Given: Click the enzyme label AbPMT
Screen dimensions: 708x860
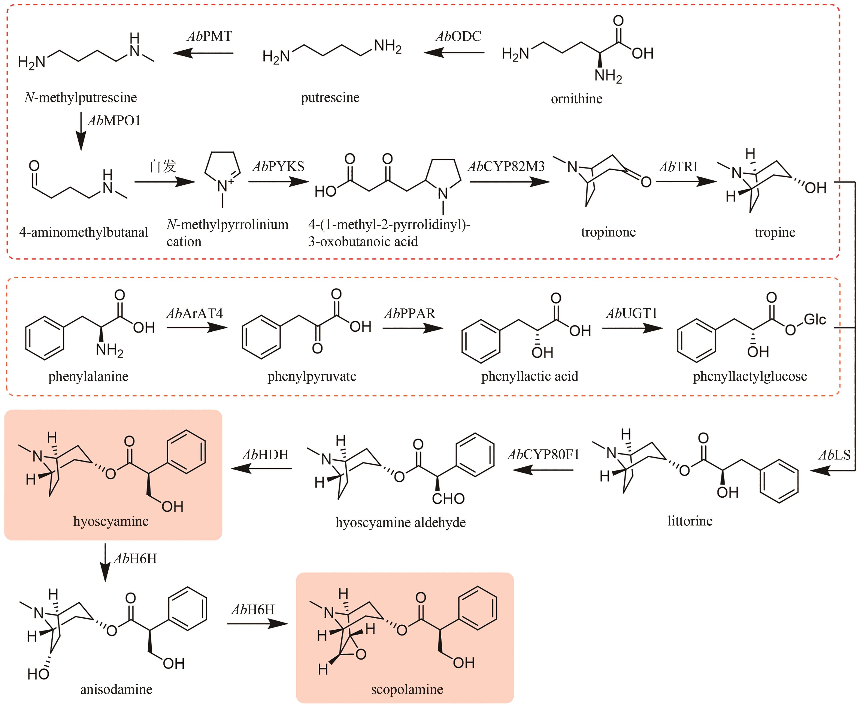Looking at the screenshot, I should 209,36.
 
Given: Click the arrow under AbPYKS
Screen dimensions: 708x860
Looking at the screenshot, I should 278,181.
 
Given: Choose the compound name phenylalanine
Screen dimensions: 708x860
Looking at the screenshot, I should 88,376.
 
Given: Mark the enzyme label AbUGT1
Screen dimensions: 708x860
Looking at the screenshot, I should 632,313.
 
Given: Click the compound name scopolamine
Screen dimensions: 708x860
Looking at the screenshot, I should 407,689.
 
